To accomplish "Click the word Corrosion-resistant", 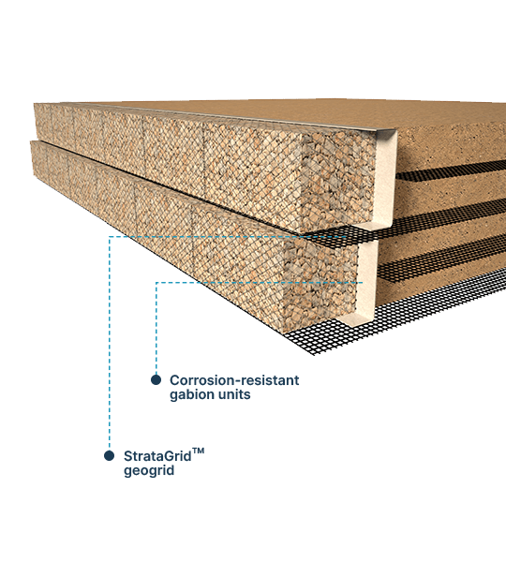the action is (234, 380).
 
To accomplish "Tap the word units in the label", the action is (231, 394).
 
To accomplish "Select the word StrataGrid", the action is (157, 456).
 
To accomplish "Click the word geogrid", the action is (149, 470).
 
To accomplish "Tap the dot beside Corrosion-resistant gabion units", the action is (156, 380).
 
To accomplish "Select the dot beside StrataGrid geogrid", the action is (110, 456).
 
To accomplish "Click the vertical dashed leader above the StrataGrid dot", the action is (110, 344).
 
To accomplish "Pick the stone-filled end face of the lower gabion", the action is (321, 279).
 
